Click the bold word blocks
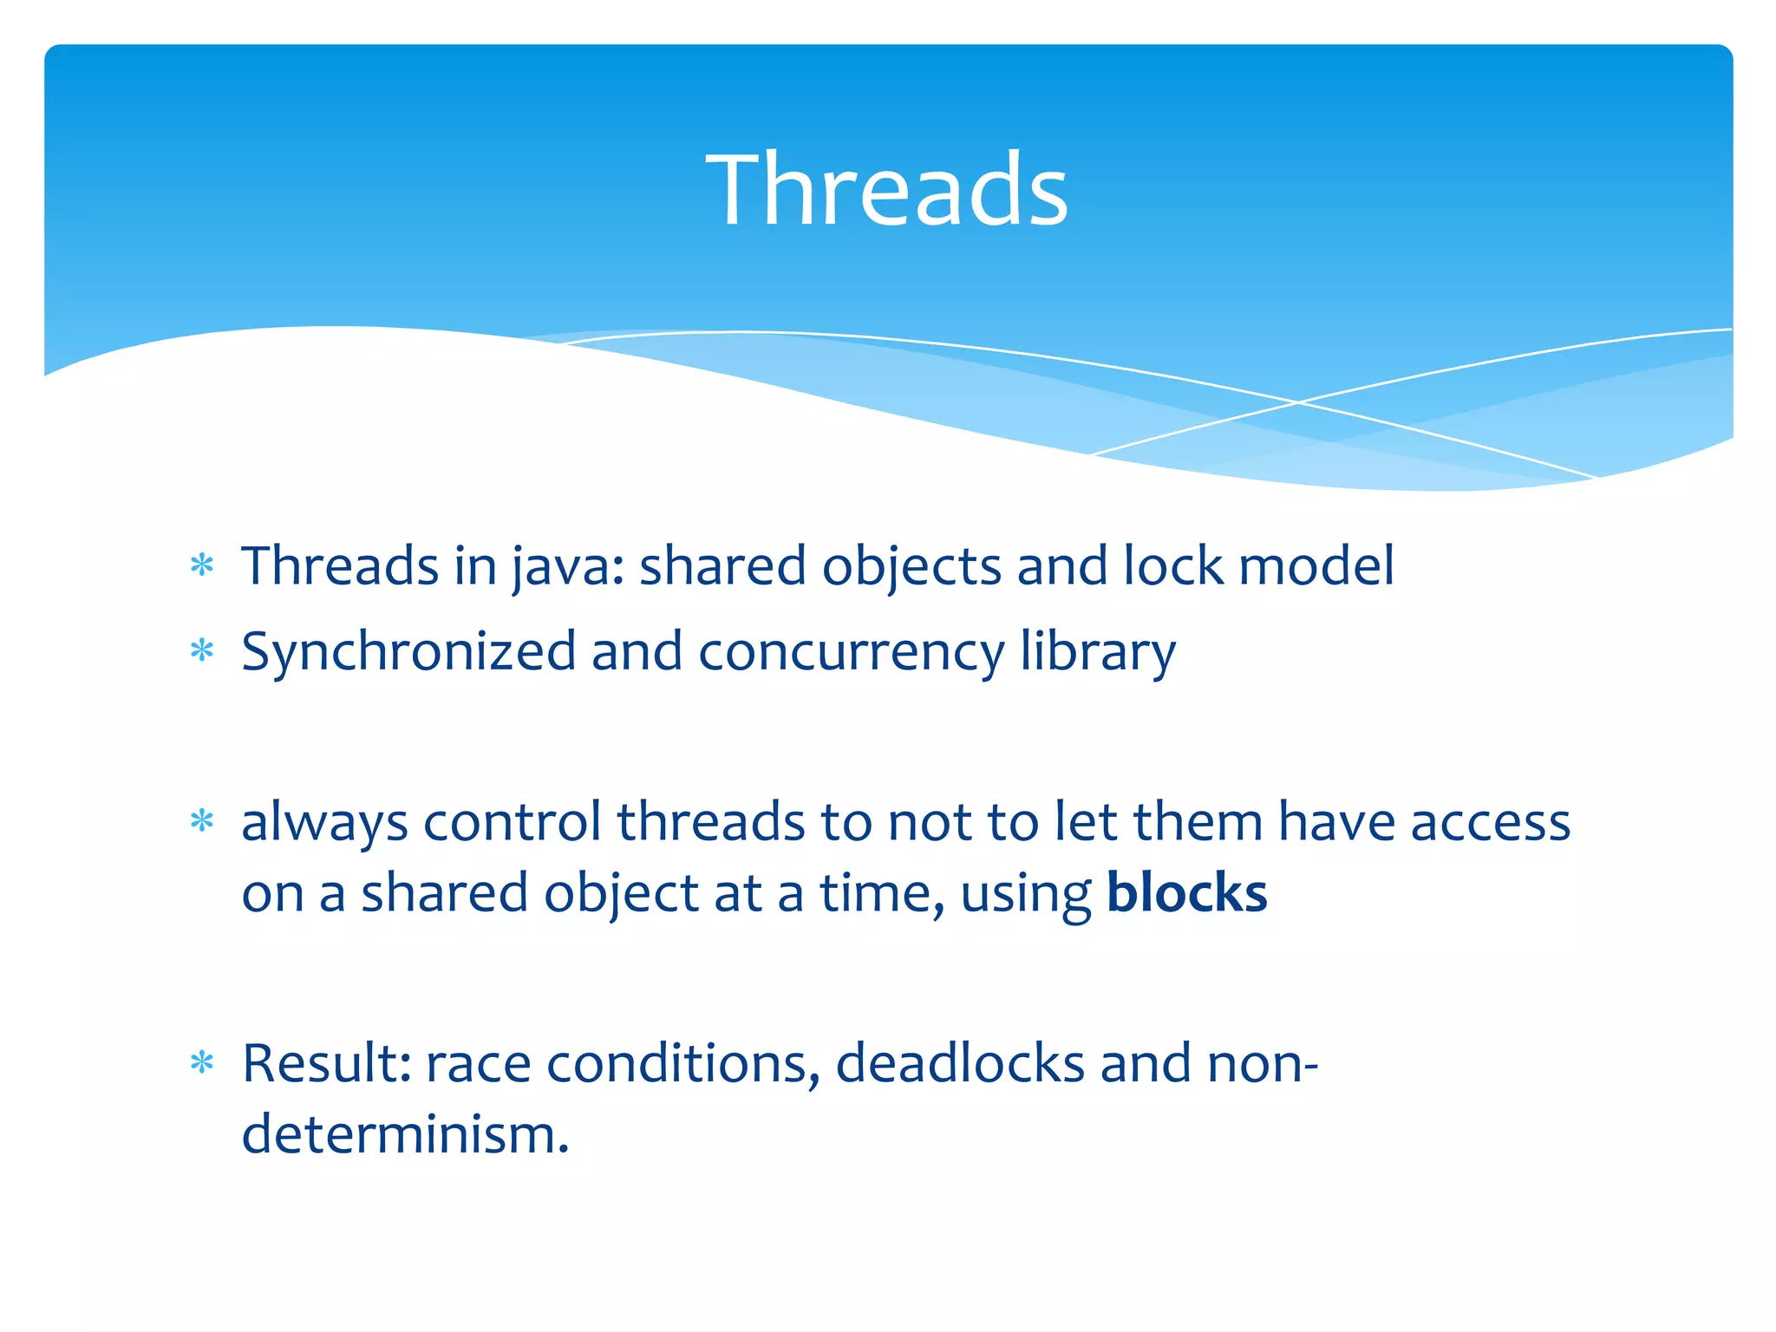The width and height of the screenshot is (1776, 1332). (1186, 893)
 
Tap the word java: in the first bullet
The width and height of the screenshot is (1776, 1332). (567, 566)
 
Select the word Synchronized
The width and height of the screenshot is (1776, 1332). (408, 651)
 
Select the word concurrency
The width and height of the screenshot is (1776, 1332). (851, 651)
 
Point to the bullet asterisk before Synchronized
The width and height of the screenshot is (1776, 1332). (202, 651)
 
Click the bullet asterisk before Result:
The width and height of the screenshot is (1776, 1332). (202, 1063)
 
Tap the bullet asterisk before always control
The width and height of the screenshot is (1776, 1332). (202, 821)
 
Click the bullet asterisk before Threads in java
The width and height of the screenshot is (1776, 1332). (202, 566)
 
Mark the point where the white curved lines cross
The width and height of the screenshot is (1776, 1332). (1298, 402)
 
